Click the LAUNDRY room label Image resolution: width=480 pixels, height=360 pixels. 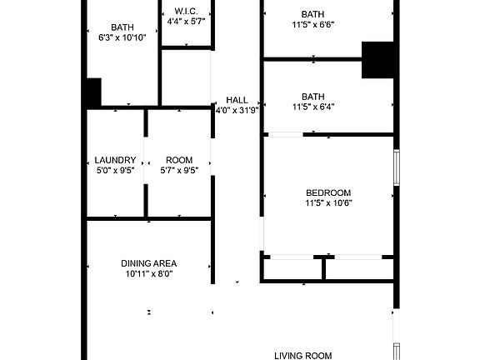[115, 160]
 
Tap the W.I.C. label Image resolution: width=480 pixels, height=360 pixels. [186, 11]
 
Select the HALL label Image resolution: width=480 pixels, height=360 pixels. [237, 100]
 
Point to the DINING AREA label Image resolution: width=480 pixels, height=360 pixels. [149, 263]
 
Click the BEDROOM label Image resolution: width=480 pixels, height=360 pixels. [328, 192]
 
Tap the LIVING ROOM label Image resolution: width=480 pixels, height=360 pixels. [303, 355]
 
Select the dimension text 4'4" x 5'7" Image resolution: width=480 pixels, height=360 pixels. [186, 21]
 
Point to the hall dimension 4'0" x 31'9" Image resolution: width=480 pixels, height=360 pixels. [237, 110]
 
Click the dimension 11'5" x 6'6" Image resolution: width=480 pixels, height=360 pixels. [313, 25]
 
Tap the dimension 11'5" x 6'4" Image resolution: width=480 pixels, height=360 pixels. [313, 107]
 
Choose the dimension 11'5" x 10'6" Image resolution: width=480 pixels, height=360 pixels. [328, 202]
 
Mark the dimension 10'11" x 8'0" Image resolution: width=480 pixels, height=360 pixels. [150, 273]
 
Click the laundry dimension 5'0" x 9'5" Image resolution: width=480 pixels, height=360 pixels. [115, 170]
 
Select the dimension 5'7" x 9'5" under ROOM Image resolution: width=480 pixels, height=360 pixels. [179, 170]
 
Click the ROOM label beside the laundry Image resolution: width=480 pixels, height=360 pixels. [179, 160]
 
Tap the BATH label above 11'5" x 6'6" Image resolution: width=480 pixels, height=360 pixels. [313, 14]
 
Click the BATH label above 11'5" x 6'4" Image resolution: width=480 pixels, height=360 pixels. [313, 96]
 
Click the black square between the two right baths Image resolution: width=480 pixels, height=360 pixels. [377, 59]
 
